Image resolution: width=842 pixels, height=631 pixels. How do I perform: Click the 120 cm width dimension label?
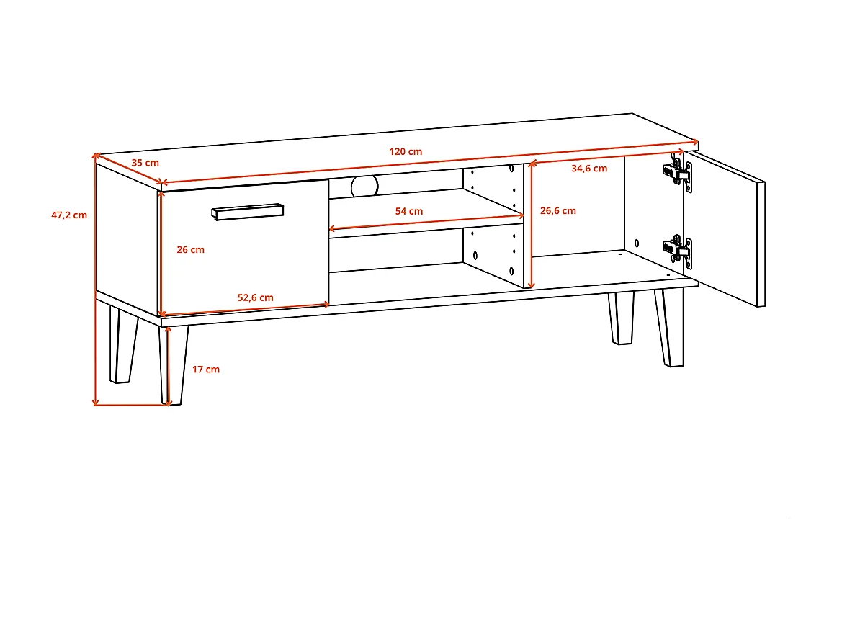tap(406, 152)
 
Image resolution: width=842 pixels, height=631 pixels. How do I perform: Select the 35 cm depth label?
tap(145, 163)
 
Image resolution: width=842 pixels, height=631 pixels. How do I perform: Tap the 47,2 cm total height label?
tap(69, 215)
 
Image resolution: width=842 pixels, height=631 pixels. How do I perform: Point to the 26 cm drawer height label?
tap(191, 250)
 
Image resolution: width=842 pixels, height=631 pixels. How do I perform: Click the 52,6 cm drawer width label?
tap(256, 297)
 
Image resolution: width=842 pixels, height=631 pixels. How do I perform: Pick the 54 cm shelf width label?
tap(409, 211)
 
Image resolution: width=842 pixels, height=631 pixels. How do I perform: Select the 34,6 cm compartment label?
tap(588, 169)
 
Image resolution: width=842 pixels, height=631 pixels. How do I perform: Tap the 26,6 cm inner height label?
tap(558, 211)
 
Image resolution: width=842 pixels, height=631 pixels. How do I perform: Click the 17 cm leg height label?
tap(206, 370)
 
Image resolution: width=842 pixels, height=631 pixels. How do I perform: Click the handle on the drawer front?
tap(247, 211)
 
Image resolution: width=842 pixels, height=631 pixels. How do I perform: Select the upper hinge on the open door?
tap(678, 175)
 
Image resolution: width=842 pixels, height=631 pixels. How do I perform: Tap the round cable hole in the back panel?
tap(364, 186)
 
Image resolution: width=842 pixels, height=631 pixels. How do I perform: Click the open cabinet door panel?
tap(724, 227)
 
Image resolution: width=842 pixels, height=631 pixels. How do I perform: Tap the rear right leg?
tap(621, 318)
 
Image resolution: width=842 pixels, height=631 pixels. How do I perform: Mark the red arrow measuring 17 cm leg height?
tap(168, 366)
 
